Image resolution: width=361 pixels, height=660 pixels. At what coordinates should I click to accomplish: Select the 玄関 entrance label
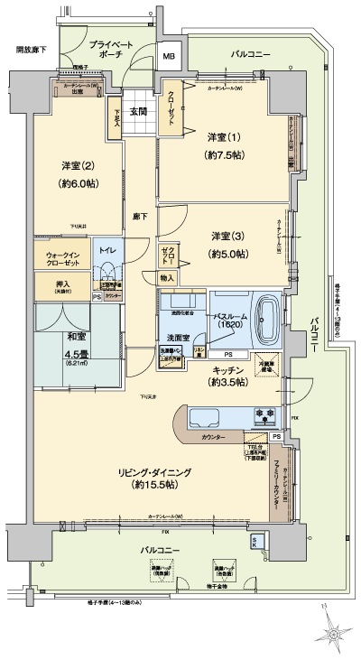click(138, 112)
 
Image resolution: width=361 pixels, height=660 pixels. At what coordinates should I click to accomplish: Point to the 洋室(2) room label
click(79, 173)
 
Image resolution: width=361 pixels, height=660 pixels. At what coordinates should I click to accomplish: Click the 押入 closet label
click(54, 286)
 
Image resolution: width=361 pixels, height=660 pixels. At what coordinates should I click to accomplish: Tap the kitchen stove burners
click(267, 416)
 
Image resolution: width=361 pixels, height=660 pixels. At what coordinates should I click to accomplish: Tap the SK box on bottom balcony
click(256, 541)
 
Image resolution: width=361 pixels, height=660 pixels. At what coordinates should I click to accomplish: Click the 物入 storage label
click(167, 279)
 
